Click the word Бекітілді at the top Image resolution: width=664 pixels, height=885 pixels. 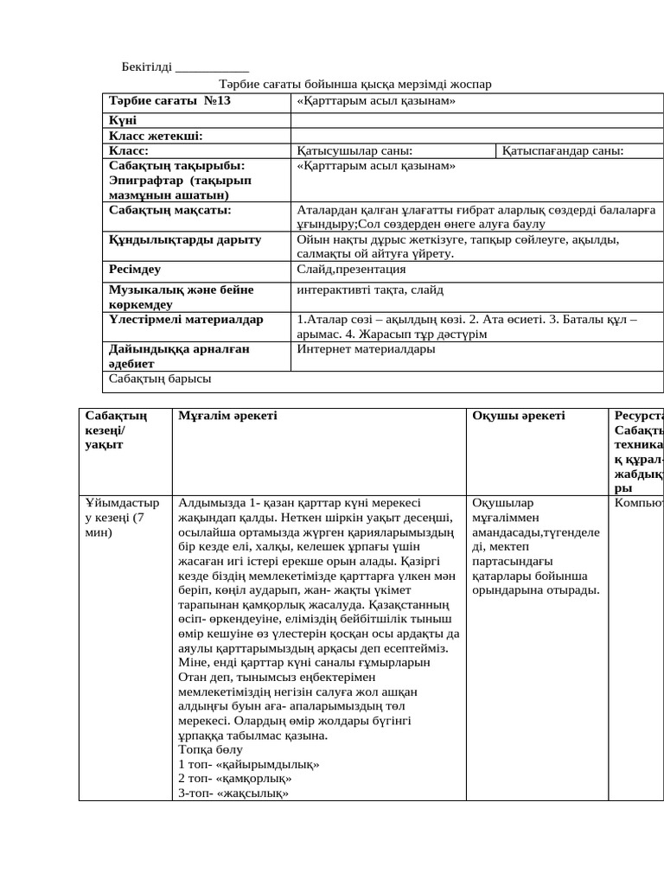[x=146, y=67]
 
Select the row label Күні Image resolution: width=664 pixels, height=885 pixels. [x=122, y=120]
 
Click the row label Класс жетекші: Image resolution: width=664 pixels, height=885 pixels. [x=156, y=136]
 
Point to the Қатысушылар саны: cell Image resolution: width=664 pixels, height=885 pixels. [x=354, y=151]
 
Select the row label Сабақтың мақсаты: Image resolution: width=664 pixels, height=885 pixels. [x=170, y=209]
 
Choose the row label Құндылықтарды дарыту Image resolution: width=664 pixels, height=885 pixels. [x=185, y=239]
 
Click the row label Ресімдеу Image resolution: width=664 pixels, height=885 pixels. [x=135, y=270]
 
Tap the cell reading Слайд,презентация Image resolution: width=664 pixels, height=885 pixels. [x=350, y=270]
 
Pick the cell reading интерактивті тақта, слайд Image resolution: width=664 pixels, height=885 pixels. [x=369, y=290]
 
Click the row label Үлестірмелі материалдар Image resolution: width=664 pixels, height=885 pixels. [x=186, y=320]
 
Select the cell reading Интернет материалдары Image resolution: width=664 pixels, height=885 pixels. [x=366, y=349]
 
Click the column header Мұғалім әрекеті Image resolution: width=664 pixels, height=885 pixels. [x=227, y=416]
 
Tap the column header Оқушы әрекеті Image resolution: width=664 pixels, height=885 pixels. [x=518, y=416]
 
